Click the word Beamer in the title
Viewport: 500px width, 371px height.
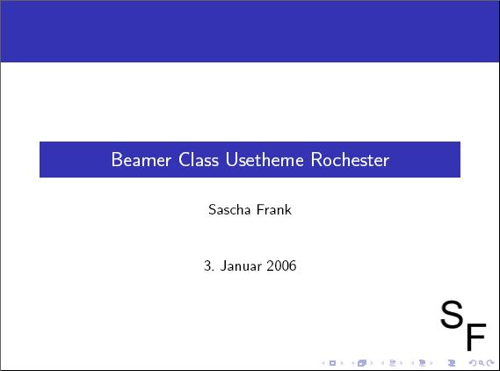[141, 159]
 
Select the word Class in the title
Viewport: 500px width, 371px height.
[199, 159]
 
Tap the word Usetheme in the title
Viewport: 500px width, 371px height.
[264, 159]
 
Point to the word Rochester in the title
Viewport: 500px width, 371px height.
[350, 159]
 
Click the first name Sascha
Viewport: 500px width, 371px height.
[229, 209]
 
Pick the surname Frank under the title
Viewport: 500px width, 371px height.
[274, 209]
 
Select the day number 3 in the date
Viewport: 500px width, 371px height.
[207, 266]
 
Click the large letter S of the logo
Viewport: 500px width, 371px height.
[452, 314]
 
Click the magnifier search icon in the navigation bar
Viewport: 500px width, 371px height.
[482, 363]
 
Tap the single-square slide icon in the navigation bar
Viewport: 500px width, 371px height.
[332, 363]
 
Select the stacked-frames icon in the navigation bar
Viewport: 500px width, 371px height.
[362, 363]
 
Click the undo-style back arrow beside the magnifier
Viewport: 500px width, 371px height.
[473, 363]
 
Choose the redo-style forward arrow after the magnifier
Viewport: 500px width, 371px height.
[490, 363]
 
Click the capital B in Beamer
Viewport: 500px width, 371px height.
[117, 159]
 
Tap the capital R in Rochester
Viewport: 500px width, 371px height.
[316, 159]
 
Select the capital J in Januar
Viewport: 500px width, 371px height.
[224, 266]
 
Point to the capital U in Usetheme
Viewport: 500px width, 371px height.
[231, 159]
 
